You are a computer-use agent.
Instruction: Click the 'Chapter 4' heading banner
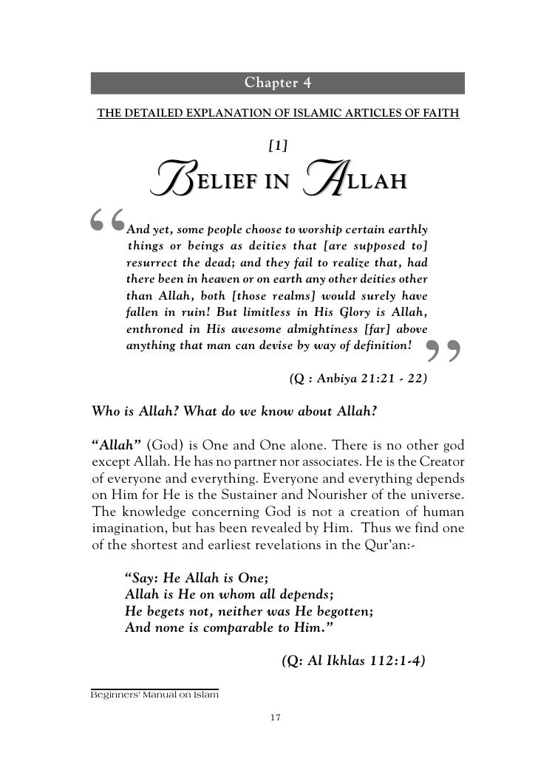[277, 82]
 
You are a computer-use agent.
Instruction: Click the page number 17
[277, 717]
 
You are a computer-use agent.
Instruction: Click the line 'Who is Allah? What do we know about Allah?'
[235, 411]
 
